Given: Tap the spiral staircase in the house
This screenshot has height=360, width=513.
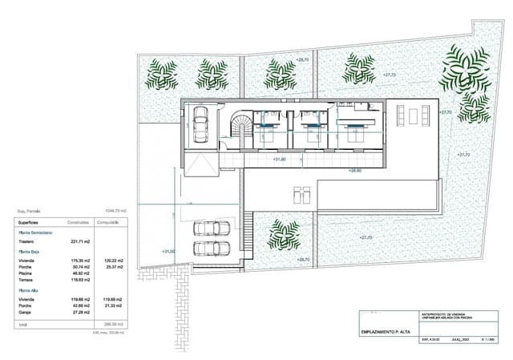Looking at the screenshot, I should [x=240, y=127].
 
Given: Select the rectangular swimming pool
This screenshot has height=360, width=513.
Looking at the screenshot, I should [x=377, y=192].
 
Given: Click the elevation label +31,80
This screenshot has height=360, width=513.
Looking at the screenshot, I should [x=280, y=159].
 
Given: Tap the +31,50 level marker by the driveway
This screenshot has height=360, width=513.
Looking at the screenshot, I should [x=168, y=252].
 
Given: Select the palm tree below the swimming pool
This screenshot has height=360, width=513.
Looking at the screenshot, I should [x=284, y=234].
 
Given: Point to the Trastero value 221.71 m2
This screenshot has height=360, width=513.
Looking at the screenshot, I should [x=80, y=241].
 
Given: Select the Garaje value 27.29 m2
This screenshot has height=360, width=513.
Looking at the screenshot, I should [x=80, y=310].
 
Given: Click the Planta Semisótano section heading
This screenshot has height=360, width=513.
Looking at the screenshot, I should [x=36, y=233].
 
